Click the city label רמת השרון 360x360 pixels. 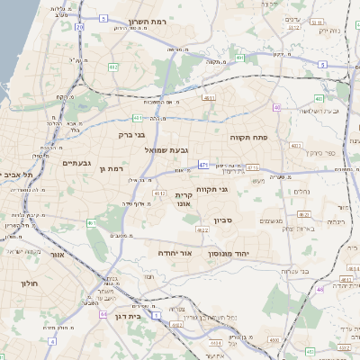pyautogui.click(x=148, y=20)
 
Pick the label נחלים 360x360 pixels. pyautogui.click(x=302, y=191)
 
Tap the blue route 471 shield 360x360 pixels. pyautogui.click(x=204, y=165)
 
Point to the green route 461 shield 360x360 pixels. pyautogui.click(x=91, y=222)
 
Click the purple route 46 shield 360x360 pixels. pyautogui.click(x=319, y=289)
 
